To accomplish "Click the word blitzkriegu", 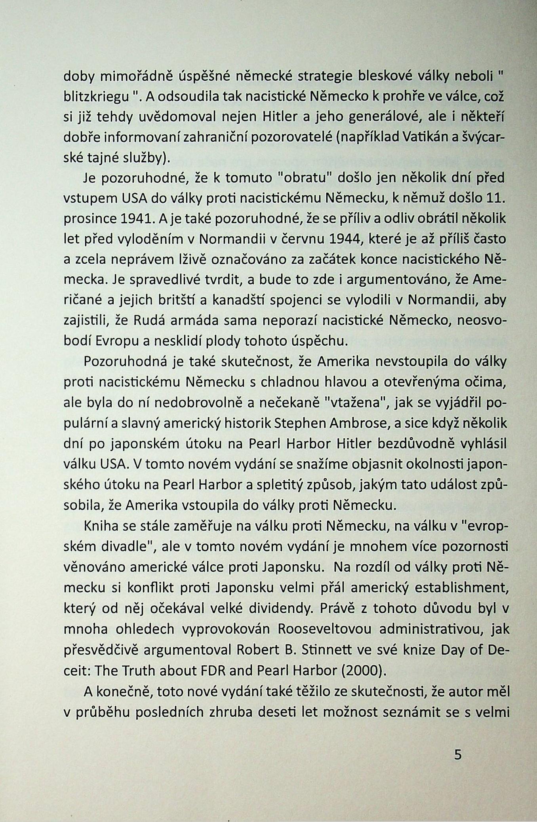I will (x=97, y=97).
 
